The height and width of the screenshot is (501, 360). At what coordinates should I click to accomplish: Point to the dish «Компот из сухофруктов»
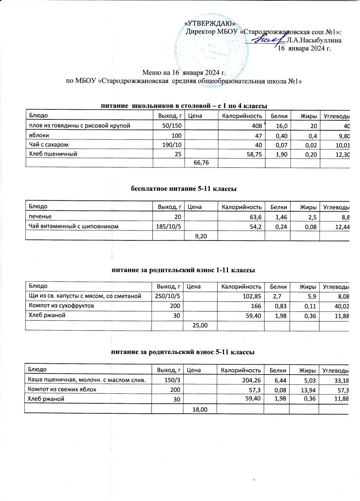tap(60, 306)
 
